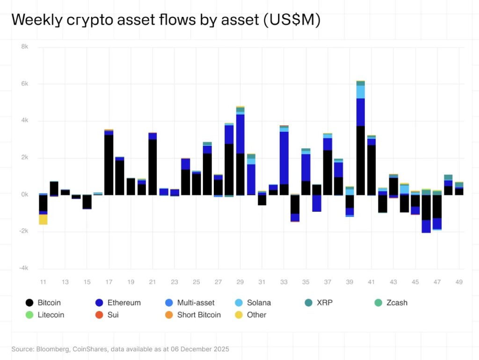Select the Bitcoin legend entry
pyautogui.click(x=43, y=302)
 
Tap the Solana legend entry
pyautogui.click(x=253, y=302)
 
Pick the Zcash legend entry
pyautogui.click(x=391, y=302)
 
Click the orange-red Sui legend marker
pyautogui.click(x=100, y=315)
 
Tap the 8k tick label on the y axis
pyautogui.click(x=24, y=47)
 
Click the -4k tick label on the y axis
pyautogui.click(x=23, y=268)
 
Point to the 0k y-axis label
pyautogui.click(x=24, y=194)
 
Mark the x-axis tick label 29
pyautogui.click(x=240, y=282)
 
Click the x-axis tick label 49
pyautogui.click(x=459, y=282)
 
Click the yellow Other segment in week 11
pyautogui.click(x=43, y=219)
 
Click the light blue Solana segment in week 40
pyautogui.click(x=361, y=92)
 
